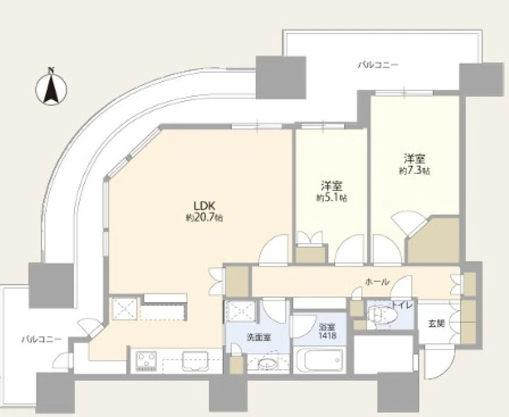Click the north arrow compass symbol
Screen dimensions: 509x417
pyautogui.click(x=51, y=89)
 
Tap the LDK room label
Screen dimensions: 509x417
pyautogui.click(x=204, y=206)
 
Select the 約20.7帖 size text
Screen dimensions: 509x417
pyautogui.click(x=204, y=218)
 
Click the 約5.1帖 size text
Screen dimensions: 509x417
pyautogui.click(x=331, y=198)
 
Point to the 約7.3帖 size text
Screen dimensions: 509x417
pyautogui.click(x=415, y=171)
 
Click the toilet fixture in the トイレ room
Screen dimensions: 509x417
pyautogui.click(x=382, y=315)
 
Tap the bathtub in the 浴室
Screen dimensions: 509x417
pyautogui.click(x=319, y=360)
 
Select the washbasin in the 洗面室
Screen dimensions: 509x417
pyautogui.click(x=268, y=363)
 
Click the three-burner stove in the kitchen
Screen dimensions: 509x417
pyautogui.click(x=146, y=361)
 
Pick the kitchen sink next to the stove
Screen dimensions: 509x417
pyautogui.click(x=195, y=361)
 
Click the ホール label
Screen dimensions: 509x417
pyautogui.click(x=377, y=282)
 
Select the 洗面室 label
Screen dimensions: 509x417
pyautogui.click(x=258, y=337)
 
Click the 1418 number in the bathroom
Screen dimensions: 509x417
pyautogui.click(x=327, y=336)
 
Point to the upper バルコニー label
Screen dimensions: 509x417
pyautogui.click(x=378, y=66)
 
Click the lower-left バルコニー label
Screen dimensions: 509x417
pyautogui.click(x=41, y=340)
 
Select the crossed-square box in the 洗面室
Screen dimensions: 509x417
pyautogui.click(x=241, y=311)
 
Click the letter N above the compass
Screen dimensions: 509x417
pyautogui.click(x=51, y=69)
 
